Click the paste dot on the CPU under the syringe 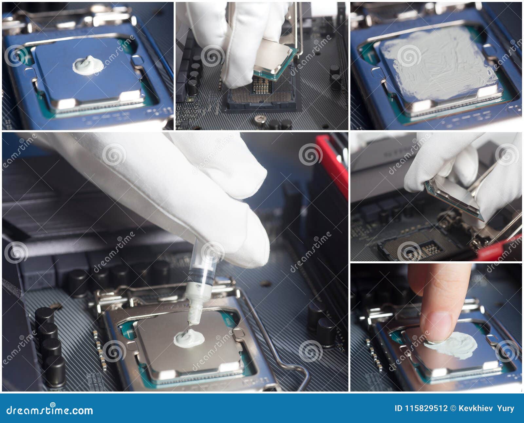coord(189,338)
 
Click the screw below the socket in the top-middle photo coord(260,120)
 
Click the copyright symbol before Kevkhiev coord(454,409)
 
